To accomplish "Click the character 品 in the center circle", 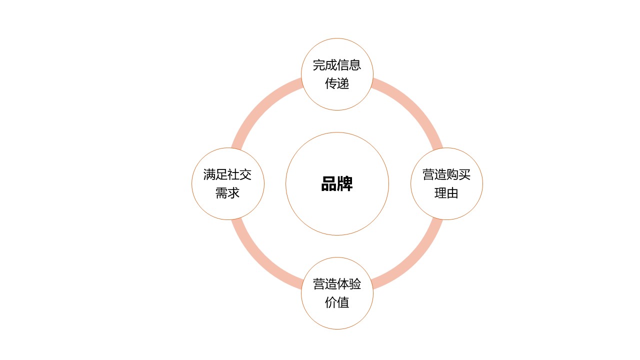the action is coord(329,183).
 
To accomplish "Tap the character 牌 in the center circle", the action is coord(345,183).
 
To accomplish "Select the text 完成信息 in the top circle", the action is coord(337,65).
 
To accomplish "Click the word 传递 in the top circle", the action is coord(337,83).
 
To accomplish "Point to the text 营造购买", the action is coord(446,174).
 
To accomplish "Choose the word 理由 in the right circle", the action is coord(446,193).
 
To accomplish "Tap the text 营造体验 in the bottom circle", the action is coord(337,284).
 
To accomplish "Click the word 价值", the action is coord(337,302).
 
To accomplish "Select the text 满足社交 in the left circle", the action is coord(227,174).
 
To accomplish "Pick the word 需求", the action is coord(227,193).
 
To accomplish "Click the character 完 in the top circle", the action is coord(319,65).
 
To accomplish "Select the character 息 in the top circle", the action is coord(355,65).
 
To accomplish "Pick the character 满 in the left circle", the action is coord(209,174).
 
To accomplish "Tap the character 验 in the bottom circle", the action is coord(355,284).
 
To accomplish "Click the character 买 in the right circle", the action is coord(464,174).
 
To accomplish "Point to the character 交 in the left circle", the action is coord(245,174).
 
